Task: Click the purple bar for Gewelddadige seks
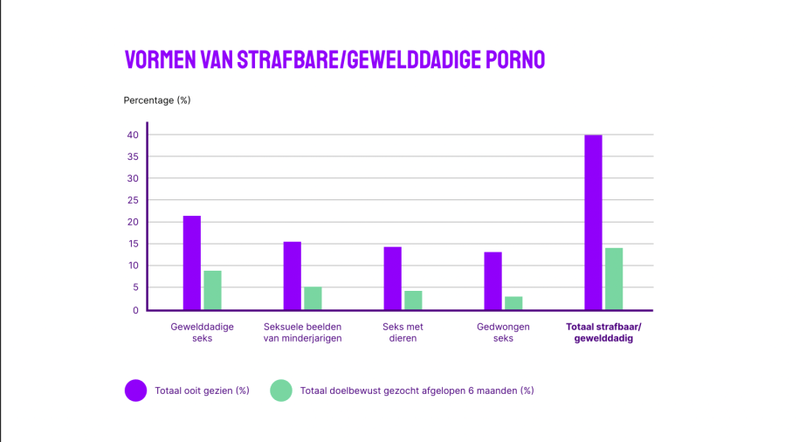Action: coord(192,262)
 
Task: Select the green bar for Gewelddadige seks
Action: coord(212,290)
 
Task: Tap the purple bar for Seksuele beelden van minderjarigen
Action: coord(293,275)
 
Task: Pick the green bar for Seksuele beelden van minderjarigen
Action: coord(313,298)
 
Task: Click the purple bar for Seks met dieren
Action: coord(393,278)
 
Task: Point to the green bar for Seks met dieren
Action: coord(413,300)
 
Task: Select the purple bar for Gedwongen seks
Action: coord(493,280)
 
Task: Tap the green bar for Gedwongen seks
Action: coord(513,303)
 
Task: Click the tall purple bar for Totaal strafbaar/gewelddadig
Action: coord(594,222)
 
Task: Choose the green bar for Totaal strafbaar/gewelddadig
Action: coord(614,279)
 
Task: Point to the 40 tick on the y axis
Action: coord(133,135)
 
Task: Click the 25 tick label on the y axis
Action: coord(133,200)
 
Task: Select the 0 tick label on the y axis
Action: coord(135,310)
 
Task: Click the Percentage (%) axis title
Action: coord(157,100)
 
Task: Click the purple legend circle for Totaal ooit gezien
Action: coord(135,390)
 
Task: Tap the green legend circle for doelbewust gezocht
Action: coord(281,390)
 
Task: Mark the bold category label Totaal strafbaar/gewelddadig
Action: coord(603,333)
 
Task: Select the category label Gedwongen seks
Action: coord(503,333)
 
